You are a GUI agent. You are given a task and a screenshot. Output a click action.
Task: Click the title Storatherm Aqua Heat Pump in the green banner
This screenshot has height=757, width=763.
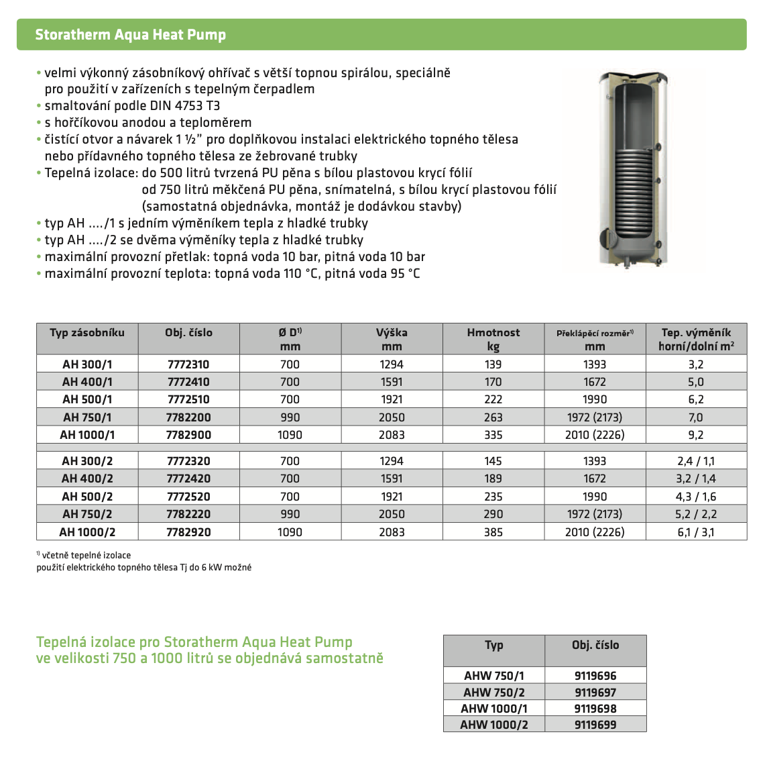point(130,35)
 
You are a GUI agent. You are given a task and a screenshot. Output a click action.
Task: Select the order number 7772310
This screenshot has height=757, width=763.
point(188,364)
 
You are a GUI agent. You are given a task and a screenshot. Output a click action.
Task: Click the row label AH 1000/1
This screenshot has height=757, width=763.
point(87,435)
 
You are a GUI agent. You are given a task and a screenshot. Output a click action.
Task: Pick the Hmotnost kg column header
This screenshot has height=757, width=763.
point(493,339)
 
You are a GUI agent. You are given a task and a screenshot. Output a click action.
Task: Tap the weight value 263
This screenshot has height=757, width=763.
point(493,417)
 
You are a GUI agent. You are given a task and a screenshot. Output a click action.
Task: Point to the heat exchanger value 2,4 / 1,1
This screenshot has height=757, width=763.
point(696,461)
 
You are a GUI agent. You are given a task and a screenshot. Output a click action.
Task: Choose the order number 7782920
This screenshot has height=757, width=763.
point(188,532)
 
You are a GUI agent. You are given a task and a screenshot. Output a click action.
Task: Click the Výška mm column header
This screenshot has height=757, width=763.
point(392,339)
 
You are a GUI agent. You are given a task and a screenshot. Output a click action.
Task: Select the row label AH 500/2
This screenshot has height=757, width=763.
point(87,497)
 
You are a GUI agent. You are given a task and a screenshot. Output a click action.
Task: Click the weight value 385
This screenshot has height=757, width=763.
point(493,532)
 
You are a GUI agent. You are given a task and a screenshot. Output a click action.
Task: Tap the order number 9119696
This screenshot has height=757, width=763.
point(595,676)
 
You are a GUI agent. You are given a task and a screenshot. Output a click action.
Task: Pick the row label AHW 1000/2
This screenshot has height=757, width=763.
point(494,725)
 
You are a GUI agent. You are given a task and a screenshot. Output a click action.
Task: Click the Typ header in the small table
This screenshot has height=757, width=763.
point(494,645)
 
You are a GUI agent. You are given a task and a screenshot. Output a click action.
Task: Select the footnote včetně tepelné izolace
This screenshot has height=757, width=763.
point(86,556)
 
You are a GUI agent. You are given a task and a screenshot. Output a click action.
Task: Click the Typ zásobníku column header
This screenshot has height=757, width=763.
point(87,333)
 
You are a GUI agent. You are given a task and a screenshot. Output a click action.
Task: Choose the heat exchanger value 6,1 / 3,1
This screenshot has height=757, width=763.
point(696,532)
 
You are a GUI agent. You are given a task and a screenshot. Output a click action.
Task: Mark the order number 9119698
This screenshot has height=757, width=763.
point(595,709)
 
